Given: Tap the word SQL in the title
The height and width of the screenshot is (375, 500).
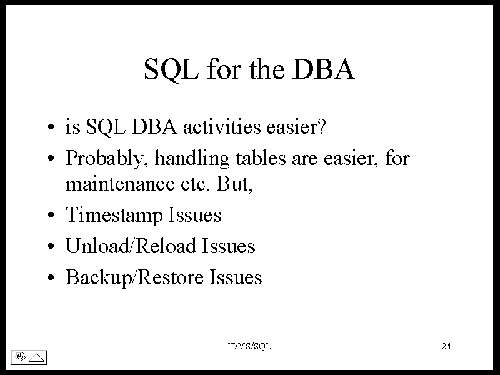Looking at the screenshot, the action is click(171, 70).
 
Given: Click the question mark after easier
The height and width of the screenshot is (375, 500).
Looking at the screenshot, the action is click(322, 127).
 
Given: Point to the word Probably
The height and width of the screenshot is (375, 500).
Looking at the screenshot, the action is click(107, 159).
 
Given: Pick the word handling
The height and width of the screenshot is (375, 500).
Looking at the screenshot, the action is click(192, 159).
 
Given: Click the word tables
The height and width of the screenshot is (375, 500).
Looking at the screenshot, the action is click(261, 158).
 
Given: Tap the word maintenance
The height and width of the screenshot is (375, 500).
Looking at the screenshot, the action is click(120, 184).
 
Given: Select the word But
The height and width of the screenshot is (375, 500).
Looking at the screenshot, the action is click(235, 184).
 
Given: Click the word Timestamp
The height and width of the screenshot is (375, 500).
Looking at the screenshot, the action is click(114, 215).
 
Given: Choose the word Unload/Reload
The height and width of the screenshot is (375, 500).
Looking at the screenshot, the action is click(131, 246).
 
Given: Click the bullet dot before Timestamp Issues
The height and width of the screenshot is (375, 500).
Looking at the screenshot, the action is click(51, 215).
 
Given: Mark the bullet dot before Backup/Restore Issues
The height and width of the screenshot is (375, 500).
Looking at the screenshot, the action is click(51, 277).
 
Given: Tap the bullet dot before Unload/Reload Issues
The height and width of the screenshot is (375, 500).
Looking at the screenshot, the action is click(51, 246).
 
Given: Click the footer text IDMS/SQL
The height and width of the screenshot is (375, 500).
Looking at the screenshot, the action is click(249, 346).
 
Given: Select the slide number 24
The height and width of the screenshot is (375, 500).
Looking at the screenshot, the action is click(446, 346).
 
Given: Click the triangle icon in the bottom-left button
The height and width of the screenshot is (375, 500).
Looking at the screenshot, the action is click(37, 357).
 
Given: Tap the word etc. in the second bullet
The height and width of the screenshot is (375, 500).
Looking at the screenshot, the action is click(196, 184).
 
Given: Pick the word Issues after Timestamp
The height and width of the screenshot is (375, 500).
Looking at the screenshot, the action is click(195, 215).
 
